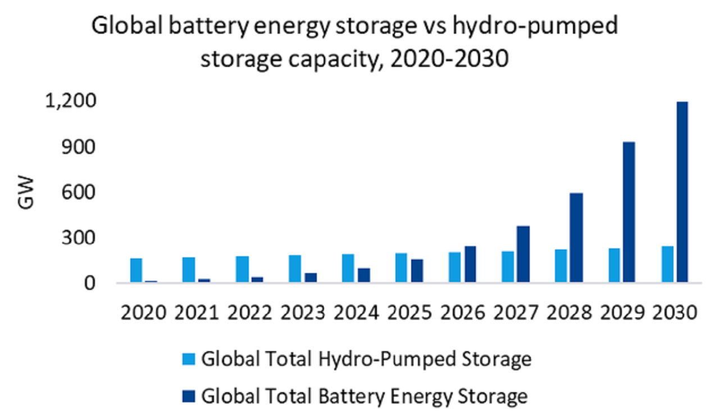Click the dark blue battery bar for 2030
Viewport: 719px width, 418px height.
[682, 192]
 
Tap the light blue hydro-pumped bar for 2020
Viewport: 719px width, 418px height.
[136, 270]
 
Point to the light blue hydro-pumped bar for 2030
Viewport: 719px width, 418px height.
[667, 264]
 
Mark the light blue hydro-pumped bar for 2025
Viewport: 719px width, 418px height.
[401, 267]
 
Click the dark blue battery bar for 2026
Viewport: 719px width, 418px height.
[470, 264]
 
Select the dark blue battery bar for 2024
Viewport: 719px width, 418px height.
[364, 275]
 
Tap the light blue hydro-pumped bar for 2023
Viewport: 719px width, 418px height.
[295, 269]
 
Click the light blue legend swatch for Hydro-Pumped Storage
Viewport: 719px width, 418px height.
[188, 358]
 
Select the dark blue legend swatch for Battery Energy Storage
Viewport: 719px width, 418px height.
[188, 396]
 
